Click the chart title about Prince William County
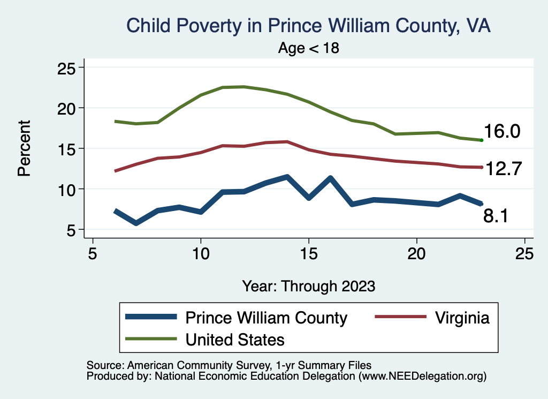(x=308, y=25)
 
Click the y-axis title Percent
(x=25, y=148)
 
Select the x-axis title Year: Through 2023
(x=309, y=285)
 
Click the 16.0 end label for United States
(x=502, y=132)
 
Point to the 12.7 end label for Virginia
(x=503, y=168)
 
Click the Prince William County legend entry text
(x=266, y=318)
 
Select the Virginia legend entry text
(x=462, y=318)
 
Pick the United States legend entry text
(x=235, y=339)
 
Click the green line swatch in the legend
(x=151, y=339)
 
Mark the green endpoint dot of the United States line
(x=482, y=140)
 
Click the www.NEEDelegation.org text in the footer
(x=422, y=376)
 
